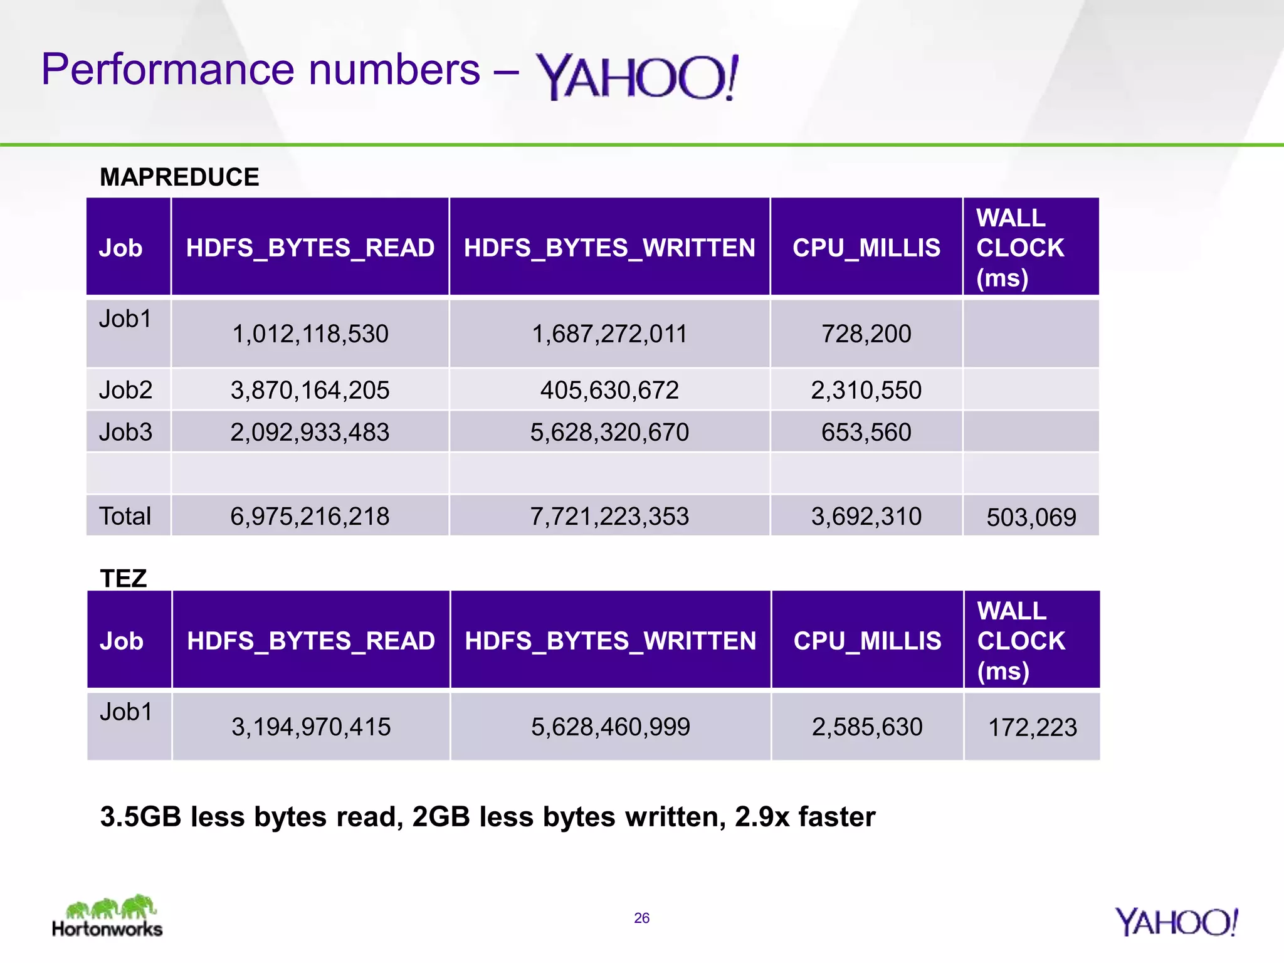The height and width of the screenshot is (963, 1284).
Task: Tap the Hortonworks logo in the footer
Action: pyautogui.click(x=107, y=916)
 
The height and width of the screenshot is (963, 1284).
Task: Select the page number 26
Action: pyautogui.click(x=641, y=918)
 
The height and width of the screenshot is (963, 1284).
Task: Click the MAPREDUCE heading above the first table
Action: pyautogui.click(x=179, y=177)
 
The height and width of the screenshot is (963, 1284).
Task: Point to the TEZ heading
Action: pyautogui.click(x=124, y=578)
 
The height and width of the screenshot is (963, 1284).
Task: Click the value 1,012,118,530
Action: pyautogui.click(x=310, y=334)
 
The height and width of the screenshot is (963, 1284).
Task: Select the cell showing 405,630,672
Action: pyautogui.click(x=609, y=390)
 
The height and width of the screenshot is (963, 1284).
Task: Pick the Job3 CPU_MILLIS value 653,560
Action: pyautogui.click(x=866, y=432)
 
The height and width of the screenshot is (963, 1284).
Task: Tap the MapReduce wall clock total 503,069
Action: pyautogui.click(x=1031, y=517)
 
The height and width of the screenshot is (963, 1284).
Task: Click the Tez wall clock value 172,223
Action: pyautogui.click(x=1032, y=727)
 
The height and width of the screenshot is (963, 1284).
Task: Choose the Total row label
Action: pyautogui.click(x=125, y=516)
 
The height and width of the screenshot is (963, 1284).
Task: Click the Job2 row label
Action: pyautogui.click(x=125, y=390)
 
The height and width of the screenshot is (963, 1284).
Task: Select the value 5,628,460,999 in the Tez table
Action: pyautogui.click(x=610, y=727)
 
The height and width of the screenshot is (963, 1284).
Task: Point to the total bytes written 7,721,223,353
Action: pyautogui.click(x=609, y=516)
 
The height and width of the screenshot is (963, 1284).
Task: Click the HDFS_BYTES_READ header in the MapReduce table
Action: pyautogui.click(x=310, y=248)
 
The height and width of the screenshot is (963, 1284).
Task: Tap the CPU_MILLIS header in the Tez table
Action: pyautogui.click(x=867, y=641)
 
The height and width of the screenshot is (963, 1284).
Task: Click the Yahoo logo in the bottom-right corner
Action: pyautogui.click(x=1176, y=922)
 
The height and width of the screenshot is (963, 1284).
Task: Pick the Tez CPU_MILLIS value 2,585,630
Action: pyautogui.click(x=867, y=727)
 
